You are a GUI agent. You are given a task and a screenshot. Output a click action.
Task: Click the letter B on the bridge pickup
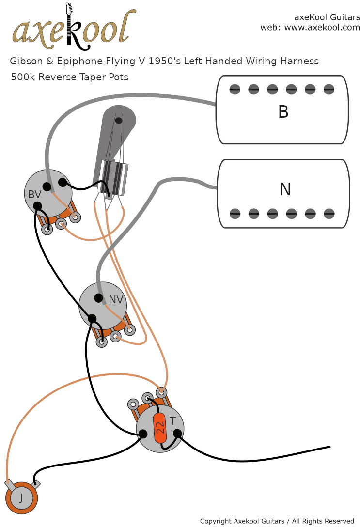(283, 112)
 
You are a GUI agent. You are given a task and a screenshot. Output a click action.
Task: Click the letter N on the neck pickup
(285, 189)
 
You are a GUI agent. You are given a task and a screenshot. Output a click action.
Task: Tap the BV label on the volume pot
(34, 195)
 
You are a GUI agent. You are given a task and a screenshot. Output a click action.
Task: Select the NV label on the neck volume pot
(116, 300)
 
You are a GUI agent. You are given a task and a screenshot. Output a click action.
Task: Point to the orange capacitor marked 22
(160, 427)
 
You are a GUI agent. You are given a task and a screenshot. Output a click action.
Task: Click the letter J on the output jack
(21, 497)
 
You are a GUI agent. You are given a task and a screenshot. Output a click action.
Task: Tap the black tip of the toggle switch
(119, 120)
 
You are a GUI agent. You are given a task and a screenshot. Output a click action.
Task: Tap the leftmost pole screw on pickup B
(235, 89)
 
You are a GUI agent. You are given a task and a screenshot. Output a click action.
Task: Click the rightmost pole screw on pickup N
(329, 213)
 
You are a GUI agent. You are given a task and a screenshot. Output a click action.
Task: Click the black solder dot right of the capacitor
(178, 433)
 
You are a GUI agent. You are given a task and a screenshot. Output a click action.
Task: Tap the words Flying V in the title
(127, 62)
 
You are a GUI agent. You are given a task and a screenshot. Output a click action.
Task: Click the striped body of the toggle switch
(113, 178)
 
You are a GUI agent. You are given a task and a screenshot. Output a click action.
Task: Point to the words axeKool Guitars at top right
(327, 17)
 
